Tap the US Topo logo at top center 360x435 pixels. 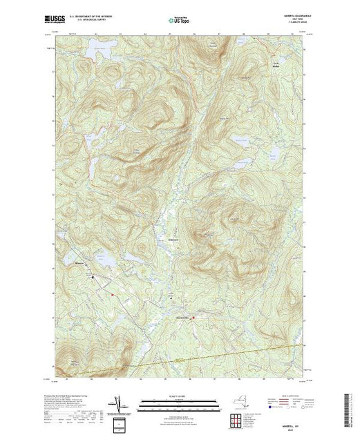tap(179, 21)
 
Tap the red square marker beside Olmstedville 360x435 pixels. tap(193, 318)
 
